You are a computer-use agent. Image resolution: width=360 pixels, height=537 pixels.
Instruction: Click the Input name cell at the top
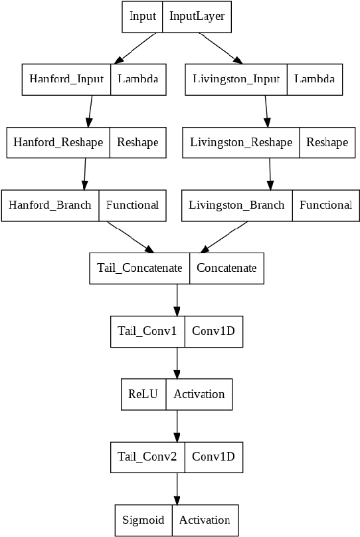pyautogui.click(x=142, y=16)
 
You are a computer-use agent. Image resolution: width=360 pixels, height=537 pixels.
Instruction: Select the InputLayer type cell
pyautogui.click(x=197, y=16)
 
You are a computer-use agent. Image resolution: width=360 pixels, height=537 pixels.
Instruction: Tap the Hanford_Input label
pyautogui.click(x=66, y=79)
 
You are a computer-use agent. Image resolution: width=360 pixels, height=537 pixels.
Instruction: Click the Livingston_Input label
pyautogui.click(x=236, y=79)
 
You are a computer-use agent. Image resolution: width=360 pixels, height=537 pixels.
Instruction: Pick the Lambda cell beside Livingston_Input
pyautogui.click(x=314, y=79)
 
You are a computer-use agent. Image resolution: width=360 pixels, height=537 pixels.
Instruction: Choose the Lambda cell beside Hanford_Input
pyautogui.click(x=138, y=79)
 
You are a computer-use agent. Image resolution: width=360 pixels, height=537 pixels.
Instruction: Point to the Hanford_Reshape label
pyautogui.click(x=58, y=142)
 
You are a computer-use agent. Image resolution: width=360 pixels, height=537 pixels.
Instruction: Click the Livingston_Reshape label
pyautogui.click(x=241, y=142)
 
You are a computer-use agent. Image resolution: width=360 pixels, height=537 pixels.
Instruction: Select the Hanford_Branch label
pyautogui.click(x=50, y=205)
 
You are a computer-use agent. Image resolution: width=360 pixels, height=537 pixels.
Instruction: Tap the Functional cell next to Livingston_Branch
pyautogui.click(x=325, y=205)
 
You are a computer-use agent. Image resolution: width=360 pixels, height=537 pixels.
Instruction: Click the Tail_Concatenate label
pyautogui.click(x=139, y=268)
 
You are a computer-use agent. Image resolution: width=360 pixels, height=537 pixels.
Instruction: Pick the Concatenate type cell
pyautogui.click(x=226, y=268)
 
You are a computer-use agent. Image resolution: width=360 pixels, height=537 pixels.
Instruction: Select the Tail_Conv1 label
pyautogui.click(x=147, y=330)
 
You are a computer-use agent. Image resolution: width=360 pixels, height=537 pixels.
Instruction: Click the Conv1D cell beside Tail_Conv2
pyautogui.click(x=213, y=457)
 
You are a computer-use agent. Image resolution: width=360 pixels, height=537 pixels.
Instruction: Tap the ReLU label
pyautogui.click(x=143, y=393)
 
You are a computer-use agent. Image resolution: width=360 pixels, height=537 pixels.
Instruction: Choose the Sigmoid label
pyautogui.click(x=143, y=520)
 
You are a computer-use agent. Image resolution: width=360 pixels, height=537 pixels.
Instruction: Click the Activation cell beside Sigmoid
pyautogui.click(x=205, y=520)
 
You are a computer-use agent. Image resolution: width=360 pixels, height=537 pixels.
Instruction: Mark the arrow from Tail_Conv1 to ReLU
pyautogui.click(x=177, y=363)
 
